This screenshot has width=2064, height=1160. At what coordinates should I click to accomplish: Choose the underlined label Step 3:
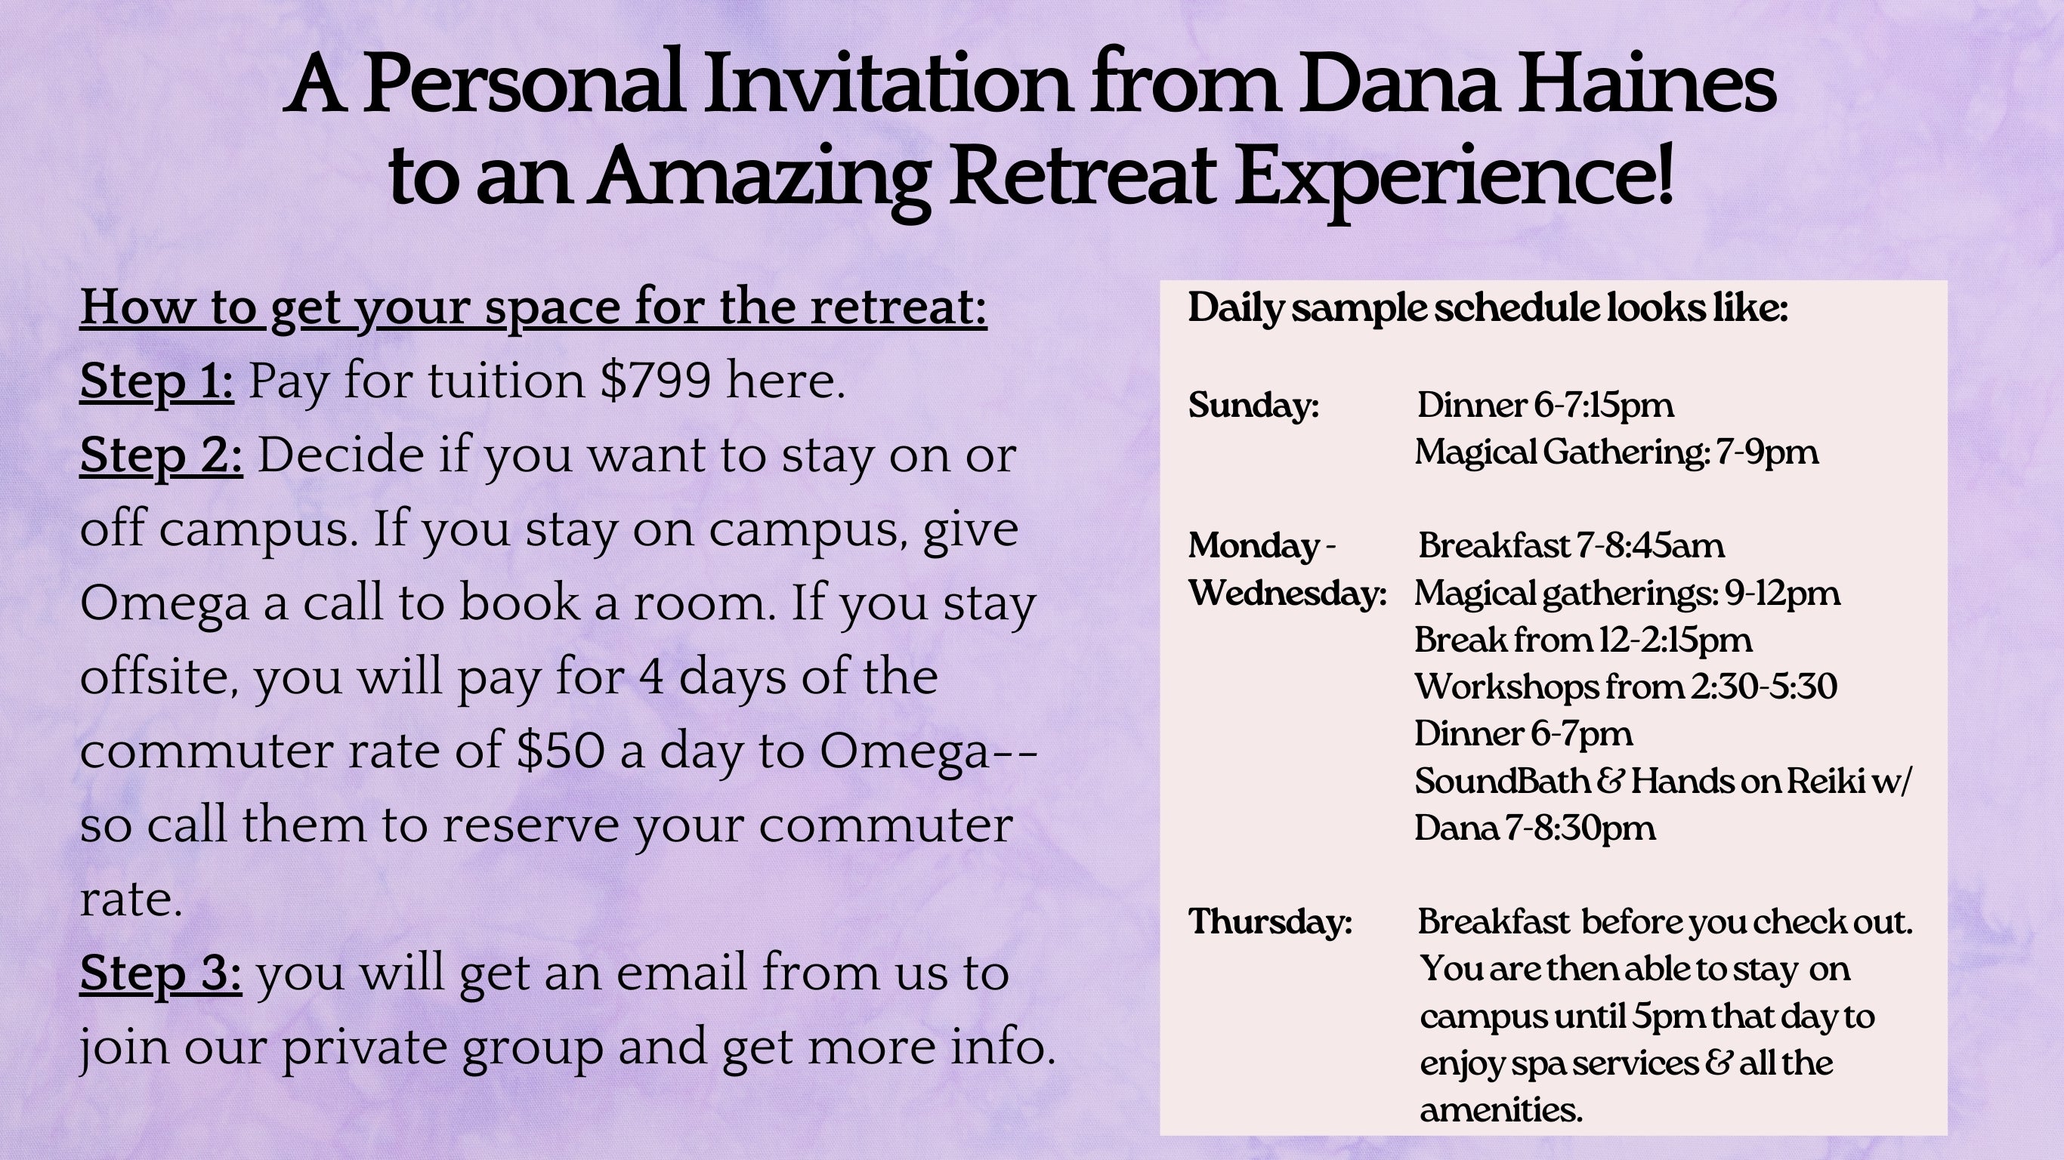(x=160, y=973)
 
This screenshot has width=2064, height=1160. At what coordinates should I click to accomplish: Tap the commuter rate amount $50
(x=560, y=751)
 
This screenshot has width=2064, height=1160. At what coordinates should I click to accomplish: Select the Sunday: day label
(x=1253, y=406)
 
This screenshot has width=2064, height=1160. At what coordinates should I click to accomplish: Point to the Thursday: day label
(x=1270, y=922)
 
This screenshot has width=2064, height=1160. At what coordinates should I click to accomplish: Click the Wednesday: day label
(x=1287, y=594)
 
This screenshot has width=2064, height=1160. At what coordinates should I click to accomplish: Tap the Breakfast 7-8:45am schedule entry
(x=1571, y=546)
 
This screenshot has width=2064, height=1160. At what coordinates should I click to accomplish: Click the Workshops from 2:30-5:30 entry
(x=1625, y=686)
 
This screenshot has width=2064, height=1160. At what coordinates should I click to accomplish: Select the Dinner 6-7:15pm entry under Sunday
(x=1545, y=406)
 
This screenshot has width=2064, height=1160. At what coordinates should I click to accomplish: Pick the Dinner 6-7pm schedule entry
(x=1522, y=734)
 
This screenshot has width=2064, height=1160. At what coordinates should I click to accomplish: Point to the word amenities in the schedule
(x=1500, y=1110)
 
